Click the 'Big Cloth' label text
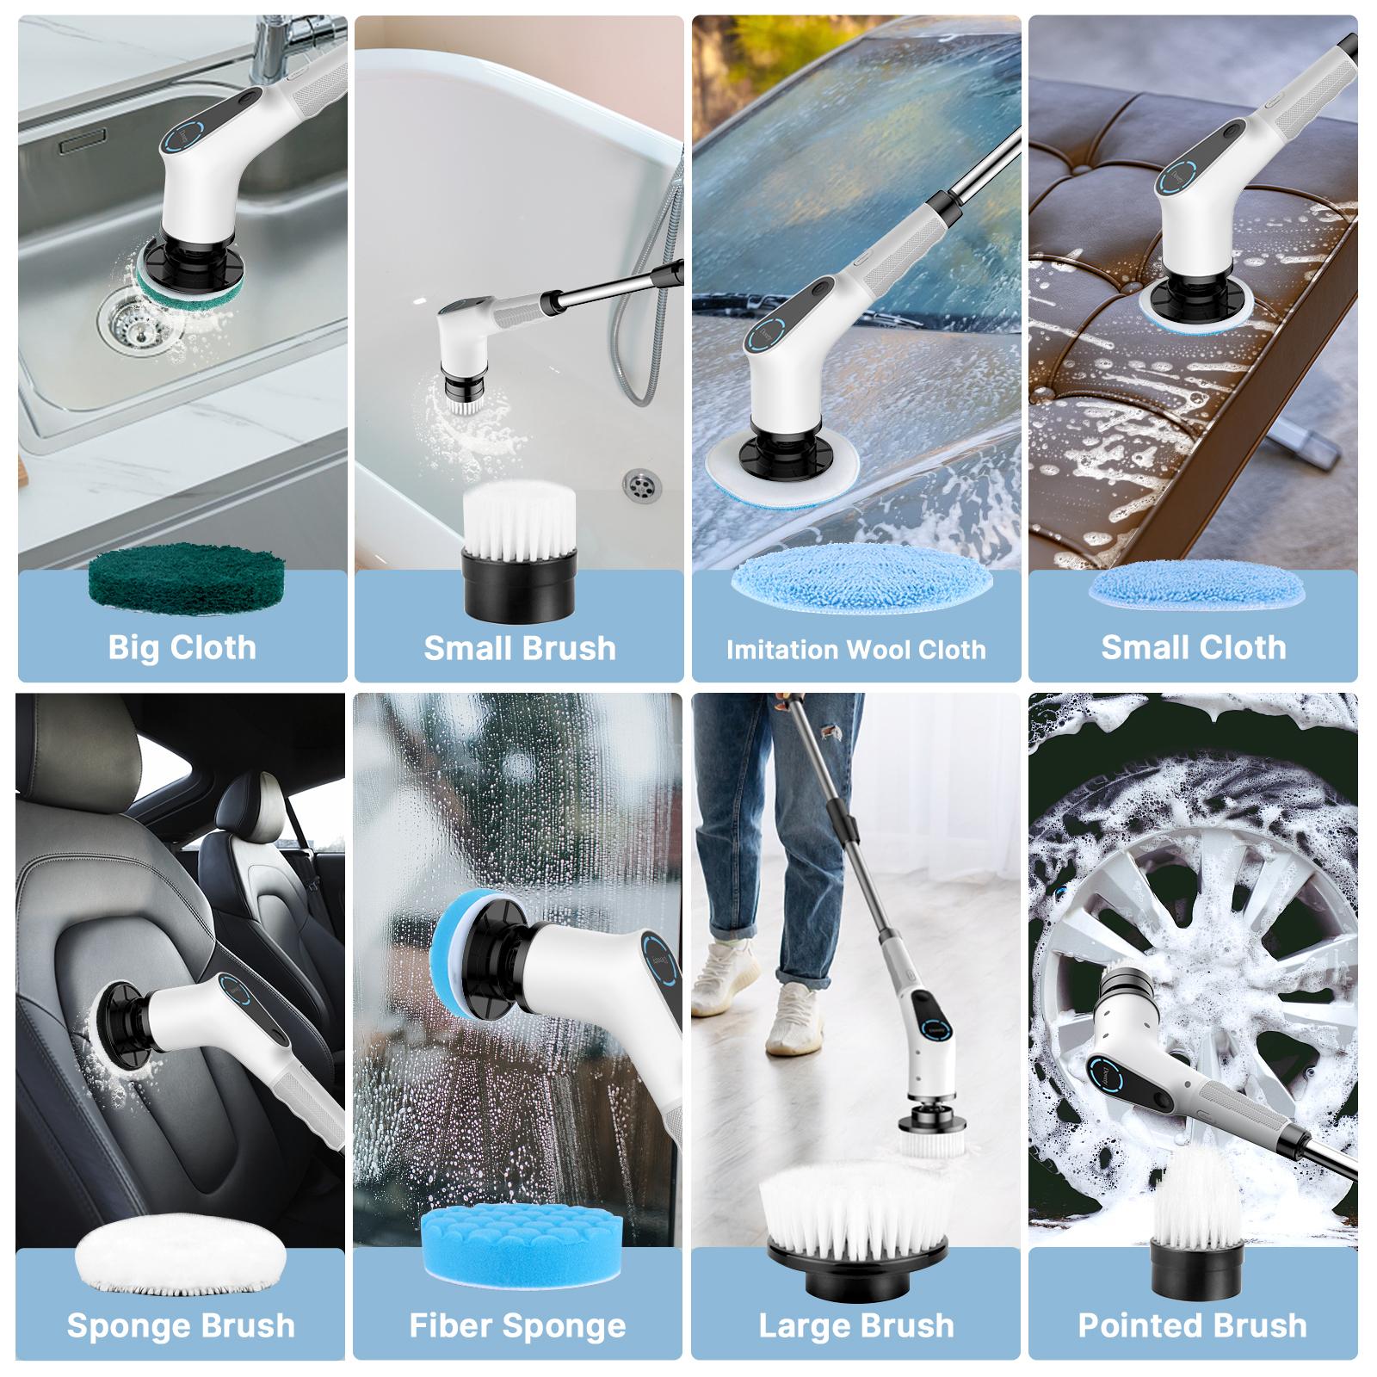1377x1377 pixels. coord(182,647)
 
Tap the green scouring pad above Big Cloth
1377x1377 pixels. coord(187,575)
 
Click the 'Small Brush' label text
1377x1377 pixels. coord(520,648)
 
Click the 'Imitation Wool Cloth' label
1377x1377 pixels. coord(855,650)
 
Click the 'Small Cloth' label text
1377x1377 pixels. coord(1193,647)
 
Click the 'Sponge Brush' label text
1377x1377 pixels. coord(181,1325)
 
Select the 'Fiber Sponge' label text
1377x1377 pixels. coord(518,1325)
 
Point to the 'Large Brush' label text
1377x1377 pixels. coord(856,1325)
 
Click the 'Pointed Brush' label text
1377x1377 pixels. coord(1193,1325)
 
